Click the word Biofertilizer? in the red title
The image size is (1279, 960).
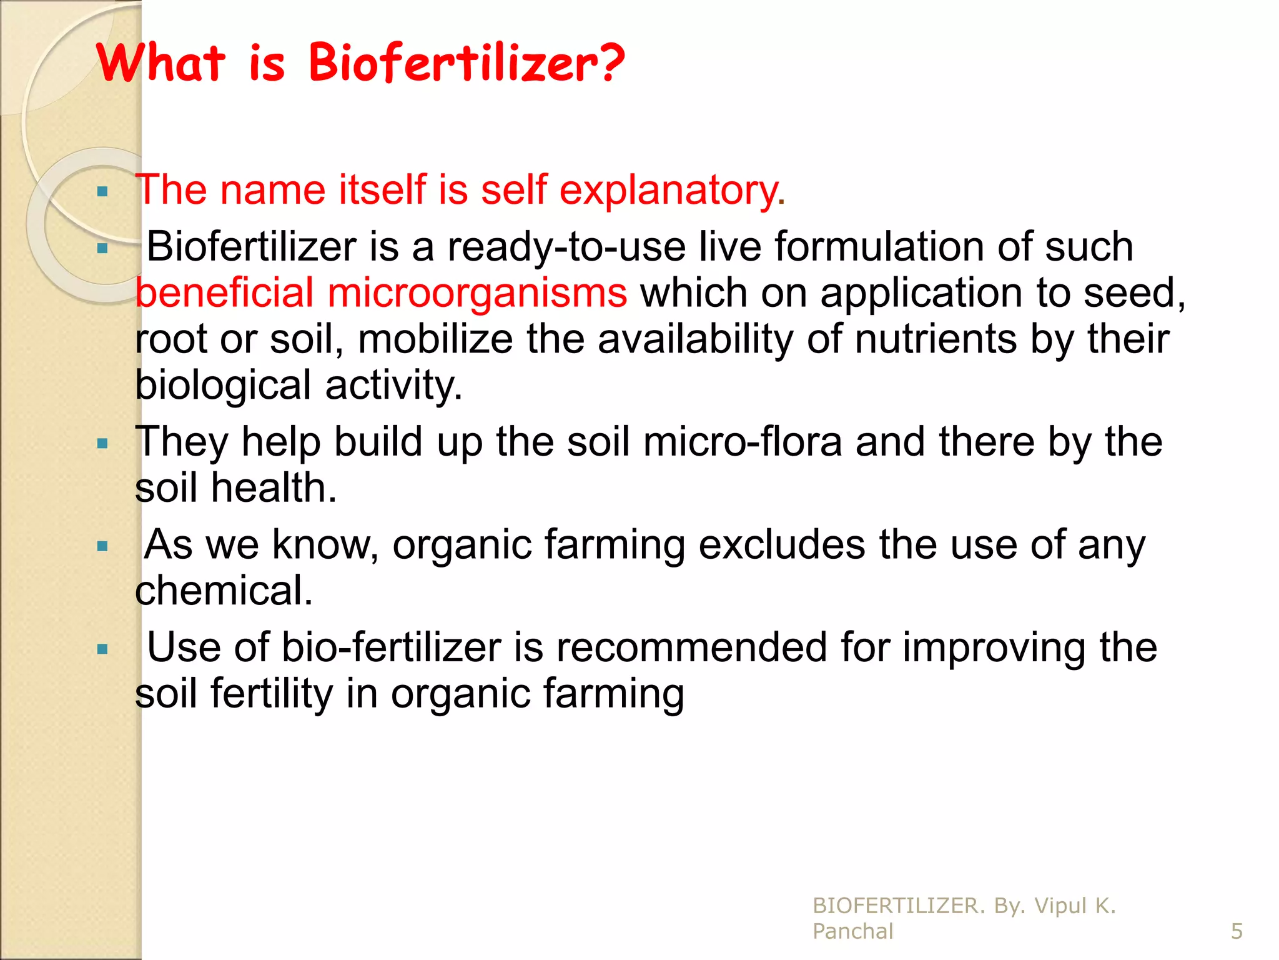pyautogui.click(x=467, y=63)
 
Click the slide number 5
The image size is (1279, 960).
pyautogui.click(x=1237, y=931)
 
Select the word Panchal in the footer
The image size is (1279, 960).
pyautogui.click(x=852, y=931)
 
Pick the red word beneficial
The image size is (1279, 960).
pyautogui.click(x=224, y=293)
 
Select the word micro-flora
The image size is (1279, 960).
pyautogui.click(x=743, y=442)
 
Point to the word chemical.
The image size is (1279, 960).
pyautogui.click(x=223, y=591)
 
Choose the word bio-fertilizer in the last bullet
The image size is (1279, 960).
pyautogui.click(x=391, y=647)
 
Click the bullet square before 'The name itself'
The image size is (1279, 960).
pyautogui.click(x=103, y=191)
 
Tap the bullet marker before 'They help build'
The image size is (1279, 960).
pyautogui.click(x=103, y=444)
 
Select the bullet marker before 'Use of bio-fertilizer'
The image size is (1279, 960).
pyautogui.click(x=103, y=649)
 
